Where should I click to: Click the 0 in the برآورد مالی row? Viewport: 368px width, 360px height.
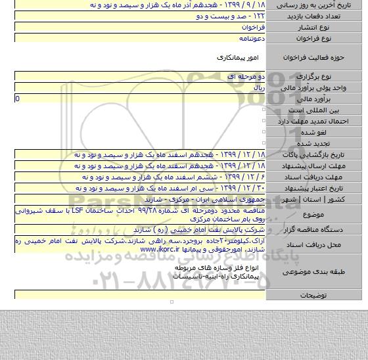tap(18, 99)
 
